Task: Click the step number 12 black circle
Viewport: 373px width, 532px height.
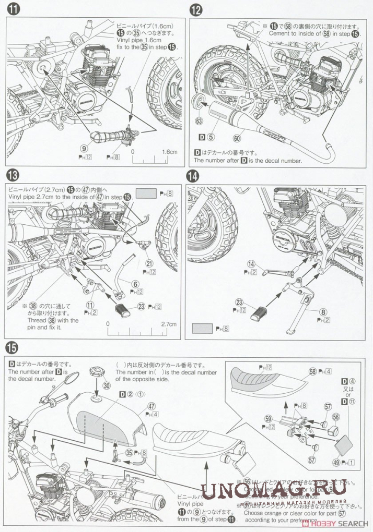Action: (x=195, y=10)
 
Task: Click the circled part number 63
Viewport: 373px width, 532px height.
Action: (x=198, y=120)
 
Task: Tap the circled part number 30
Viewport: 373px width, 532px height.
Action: (x=107, y=386)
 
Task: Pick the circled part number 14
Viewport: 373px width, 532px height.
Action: (x=252, y=263)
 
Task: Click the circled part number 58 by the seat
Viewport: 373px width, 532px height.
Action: (x=312, y=371)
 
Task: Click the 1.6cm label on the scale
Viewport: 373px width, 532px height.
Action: (x=170, y=152)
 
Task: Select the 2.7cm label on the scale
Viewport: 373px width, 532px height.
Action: (x=169, y=323)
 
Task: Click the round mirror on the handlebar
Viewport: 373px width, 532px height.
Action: (x=72, y=378)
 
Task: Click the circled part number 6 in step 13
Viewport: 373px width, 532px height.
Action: (x=135, y=284)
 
